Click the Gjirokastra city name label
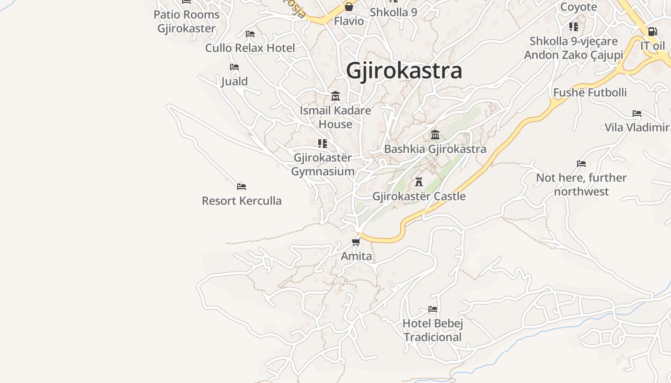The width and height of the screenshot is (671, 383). point(404,70)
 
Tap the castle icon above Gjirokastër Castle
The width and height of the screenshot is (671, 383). point(419,182)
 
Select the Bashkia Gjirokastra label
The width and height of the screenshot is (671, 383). point(435,149)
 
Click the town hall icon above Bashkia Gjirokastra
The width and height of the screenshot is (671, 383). point(435,135)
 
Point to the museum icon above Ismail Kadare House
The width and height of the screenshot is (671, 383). point(335,96)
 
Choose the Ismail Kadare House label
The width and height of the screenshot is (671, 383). point(335,117)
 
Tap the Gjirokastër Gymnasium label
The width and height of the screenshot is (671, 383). point(323,164)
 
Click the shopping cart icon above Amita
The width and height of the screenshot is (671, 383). point(356,242)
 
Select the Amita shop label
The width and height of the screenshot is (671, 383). point(356,256)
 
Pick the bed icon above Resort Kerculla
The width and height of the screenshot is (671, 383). point(242,186)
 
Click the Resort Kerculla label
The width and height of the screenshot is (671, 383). point(242,201)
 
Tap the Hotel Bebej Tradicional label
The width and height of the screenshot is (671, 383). point(433,330)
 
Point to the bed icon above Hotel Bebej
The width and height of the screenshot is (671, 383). point(433,309)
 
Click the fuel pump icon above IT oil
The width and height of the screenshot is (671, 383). point(652,32)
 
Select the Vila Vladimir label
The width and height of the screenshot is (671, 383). point(636,127)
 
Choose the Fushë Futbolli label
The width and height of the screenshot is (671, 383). point(590,92)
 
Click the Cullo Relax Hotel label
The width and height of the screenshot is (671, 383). point(250,48)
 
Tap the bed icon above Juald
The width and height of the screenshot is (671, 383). point(234,67)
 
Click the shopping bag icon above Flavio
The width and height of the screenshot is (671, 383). point(349,7)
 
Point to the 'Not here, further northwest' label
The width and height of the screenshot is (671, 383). point(581,184)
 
